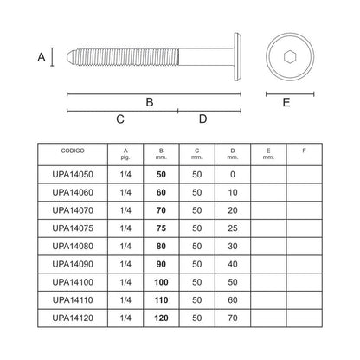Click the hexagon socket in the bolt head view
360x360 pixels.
[290, 57]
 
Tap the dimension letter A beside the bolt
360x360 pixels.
[42, 57]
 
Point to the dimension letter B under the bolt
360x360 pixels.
[150, 102]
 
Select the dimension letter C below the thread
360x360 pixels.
[120, 119]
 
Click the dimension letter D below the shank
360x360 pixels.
[202, 119]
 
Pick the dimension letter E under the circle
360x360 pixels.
[286, 102]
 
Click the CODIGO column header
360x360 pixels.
[73, 151]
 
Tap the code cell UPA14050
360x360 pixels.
[73, 174]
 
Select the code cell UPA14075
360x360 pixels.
[73, 228]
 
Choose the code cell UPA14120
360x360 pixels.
[73, 318]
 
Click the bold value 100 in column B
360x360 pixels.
[161, 282]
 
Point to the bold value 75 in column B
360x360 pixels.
[161, 228]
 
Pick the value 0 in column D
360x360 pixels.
[233, 174]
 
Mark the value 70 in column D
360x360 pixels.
[233, 318]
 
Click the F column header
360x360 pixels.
[304, 151]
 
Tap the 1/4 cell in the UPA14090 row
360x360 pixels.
[125, 264]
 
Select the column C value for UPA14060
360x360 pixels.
[197, 192]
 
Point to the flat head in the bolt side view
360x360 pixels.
[238, 57]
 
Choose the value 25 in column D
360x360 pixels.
[233, 228]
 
